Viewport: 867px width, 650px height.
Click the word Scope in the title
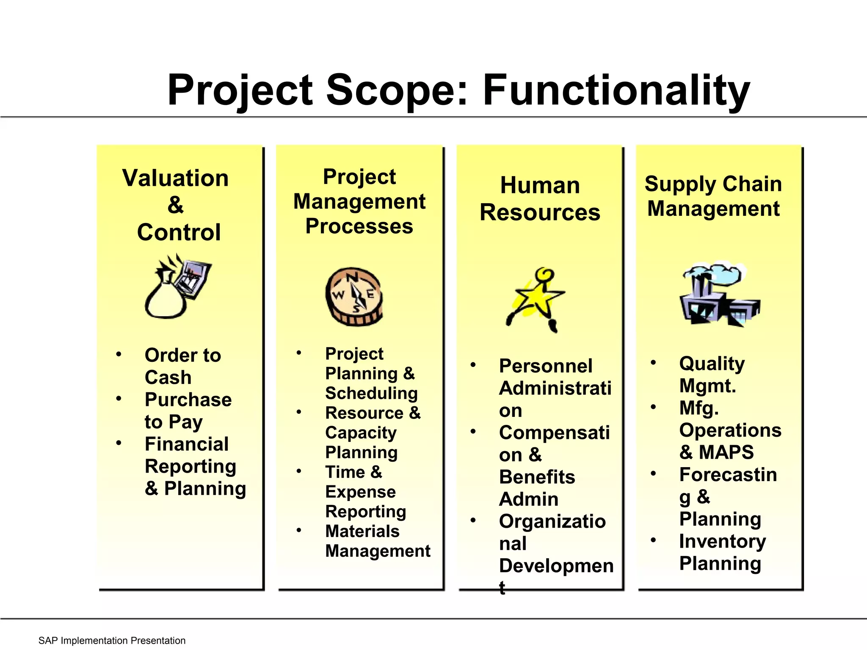[397, 91]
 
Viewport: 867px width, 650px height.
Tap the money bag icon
[166, 296]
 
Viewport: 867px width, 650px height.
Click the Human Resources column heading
[540, 199]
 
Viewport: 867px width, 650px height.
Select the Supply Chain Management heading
[713, 196]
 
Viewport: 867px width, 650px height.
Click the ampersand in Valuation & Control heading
[176, 205]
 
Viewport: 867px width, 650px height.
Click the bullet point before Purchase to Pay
[119, 399]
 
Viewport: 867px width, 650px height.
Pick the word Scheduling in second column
[371, 393]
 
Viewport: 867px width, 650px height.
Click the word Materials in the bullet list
[362, 531]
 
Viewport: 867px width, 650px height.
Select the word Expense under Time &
[360, 492]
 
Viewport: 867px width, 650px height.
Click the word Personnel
[545, 366]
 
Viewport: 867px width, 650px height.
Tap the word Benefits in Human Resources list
[537, 477]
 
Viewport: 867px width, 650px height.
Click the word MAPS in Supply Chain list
[726, 452]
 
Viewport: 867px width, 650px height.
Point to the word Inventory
[722, 541]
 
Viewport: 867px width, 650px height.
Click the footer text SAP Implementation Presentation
[112, 641]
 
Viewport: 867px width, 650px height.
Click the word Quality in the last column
[712, 364]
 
